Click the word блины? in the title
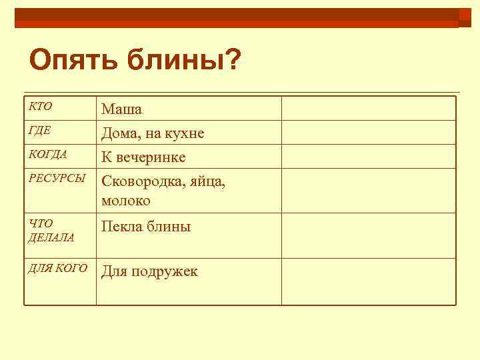coord(183,61)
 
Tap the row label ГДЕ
coord(40,131)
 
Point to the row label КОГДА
coord(47,155)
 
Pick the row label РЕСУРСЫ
coord(57,178)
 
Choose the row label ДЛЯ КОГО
coord(57,268)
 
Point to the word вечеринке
coord(152,158)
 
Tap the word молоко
coord(126,199)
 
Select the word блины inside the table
coord(169,227)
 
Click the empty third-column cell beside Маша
coord(369,108)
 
